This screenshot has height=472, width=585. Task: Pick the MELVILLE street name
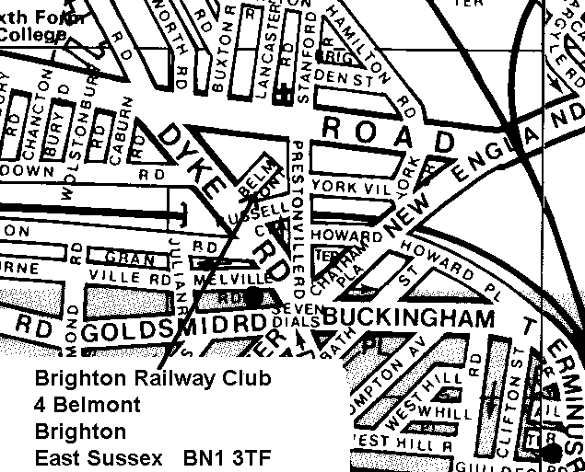coord(240,276)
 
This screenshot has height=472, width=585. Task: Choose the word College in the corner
coord(34,36)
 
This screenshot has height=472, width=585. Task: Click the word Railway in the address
coord(152,378)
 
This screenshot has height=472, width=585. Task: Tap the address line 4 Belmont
coord(88,404)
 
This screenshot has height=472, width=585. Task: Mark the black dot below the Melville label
coord(254,296)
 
